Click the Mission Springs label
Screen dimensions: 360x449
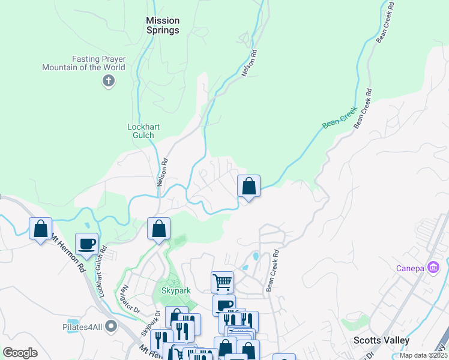(x=163, y=25)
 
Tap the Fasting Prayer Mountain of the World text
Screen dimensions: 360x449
(x=83, y=63)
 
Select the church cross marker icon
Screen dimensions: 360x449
(x=109, y=81)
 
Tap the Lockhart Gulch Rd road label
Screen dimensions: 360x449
(x=101, y=272)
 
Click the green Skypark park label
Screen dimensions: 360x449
(x=176, y=291)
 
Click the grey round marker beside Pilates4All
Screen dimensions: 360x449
(x=110, y=326)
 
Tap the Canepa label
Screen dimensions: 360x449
(x=411, y=268)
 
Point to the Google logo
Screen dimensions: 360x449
(x=20, y=353)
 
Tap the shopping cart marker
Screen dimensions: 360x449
(x=222, y=281)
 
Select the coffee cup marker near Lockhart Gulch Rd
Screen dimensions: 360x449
(x=86, y=244)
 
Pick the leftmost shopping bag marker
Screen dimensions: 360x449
(x=40, y=229)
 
